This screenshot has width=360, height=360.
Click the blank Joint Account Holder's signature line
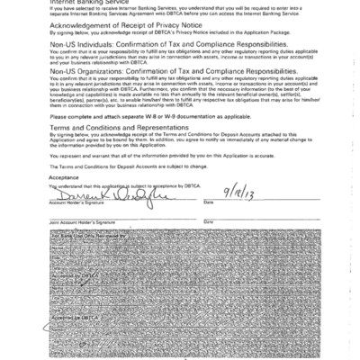pos(117,217)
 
